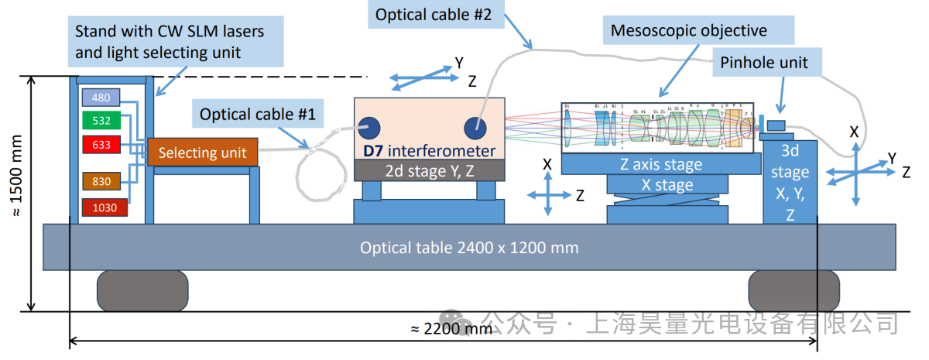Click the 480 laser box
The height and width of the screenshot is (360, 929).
[101, 98]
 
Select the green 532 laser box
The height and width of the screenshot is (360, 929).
[101, 121]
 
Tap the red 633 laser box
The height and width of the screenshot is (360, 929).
[101, 144]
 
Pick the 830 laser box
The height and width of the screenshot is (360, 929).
[101, 181]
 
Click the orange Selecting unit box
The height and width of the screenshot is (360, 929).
[202, 153]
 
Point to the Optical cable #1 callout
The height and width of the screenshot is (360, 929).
[258, 115]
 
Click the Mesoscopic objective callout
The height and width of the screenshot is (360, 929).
[688, 31]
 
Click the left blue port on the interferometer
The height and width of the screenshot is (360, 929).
[368, 127]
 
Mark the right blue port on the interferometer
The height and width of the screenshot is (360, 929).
[475, 127]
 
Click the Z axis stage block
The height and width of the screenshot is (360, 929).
[660, 164]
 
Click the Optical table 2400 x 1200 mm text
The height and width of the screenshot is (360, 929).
[469, 248]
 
